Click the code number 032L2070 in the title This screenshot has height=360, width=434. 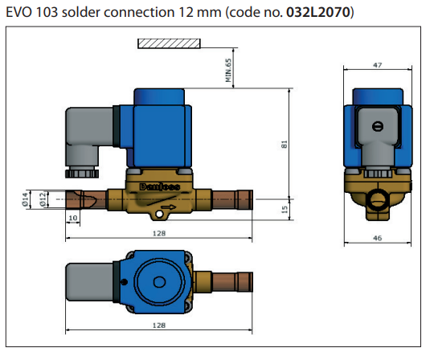(317, 12)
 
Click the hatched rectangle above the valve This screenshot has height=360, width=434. (169, 43)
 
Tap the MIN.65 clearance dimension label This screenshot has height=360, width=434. (228, 70)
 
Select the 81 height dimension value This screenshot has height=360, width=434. (285, 145)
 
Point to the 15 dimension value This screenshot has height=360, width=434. (285, 210)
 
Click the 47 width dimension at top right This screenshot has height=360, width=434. (377, 65)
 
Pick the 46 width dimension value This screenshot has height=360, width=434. (377, 238)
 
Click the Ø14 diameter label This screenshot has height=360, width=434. (25, 199)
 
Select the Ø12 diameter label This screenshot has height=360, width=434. (42, 199)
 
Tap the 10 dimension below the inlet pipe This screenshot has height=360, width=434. (73, 218)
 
